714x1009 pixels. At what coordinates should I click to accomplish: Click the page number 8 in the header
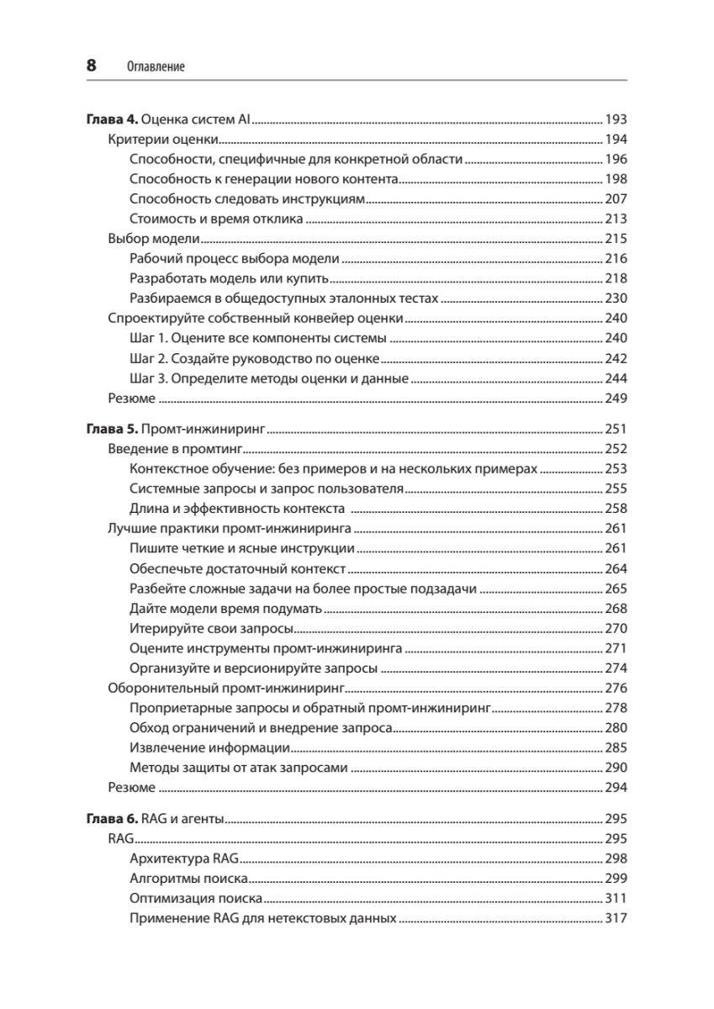[x=92, y=65]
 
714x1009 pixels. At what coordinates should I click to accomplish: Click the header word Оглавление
[x=156, y=66]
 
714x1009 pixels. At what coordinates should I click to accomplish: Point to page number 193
[x=616, y=119]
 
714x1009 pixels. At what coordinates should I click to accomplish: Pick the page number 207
[x=616, y=199]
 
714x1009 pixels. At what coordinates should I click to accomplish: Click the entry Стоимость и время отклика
[x=217, y=219]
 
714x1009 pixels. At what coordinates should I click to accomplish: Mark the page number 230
[x=616, y=298]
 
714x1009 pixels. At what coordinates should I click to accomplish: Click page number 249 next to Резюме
[x=616, y=399]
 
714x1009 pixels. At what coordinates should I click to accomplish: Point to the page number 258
[x=616, y=509]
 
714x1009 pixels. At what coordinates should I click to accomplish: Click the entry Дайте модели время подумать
[x=226, y=609]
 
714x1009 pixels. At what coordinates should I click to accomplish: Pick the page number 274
[x=616, y=668]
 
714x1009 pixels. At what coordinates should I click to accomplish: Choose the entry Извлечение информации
[x=211, y=748]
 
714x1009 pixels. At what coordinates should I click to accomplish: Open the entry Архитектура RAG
[x=185, y=859]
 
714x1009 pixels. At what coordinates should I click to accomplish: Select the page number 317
[x=616, y=919]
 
